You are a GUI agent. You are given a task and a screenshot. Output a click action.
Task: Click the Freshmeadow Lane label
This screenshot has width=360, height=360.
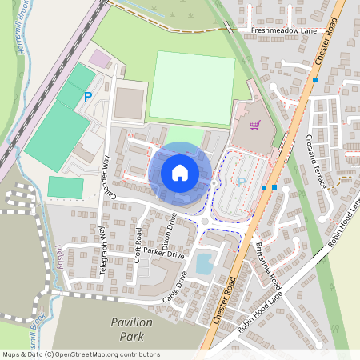coord(283,30)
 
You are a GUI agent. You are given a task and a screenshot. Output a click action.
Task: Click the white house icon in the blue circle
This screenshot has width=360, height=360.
coord(180,172)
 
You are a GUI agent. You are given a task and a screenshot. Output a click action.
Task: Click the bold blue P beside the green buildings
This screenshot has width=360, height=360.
coord(88,97)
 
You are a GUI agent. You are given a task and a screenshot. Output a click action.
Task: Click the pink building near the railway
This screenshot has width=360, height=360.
coord(100,58)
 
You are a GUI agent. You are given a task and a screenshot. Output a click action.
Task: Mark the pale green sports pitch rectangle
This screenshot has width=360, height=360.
coord(191,87)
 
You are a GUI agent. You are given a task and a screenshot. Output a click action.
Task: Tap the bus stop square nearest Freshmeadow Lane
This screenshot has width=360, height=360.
coord(315,80)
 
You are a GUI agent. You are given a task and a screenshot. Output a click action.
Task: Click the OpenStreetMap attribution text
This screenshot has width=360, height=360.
coord(81,354)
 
